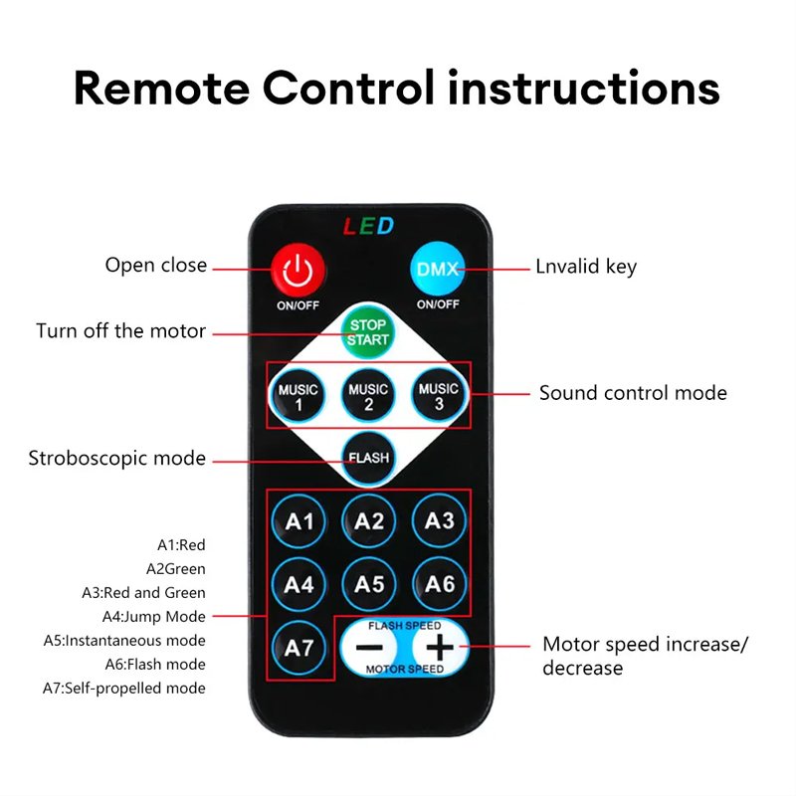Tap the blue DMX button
pyautogui.click(x=437, y=269)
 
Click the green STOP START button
pyautogui.click(x=367, y=332)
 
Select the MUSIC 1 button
pyautogui.click(x=298, y=395)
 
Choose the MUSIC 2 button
pyautogui.click(x=368, y=395)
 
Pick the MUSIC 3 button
pyautogui.click(x=439, y=395)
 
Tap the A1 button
pyautogui.click(x=298, y=521)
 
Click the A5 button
pyautogui.click(x=368, y=584)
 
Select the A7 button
pyautogui.click(x=298, y=648)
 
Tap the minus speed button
pyautogui.click(x=369, y=648)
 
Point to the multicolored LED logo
pyautogui.click(x=368, y=226)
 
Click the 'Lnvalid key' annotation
pyautogui.click(x=586, y=267)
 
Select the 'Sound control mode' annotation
pyautogui.click(x=633, y=393)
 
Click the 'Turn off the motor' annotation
pyautogui.click(x=120, y=331)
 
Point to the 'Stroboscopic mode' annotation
pyautogui.click(x=117, y=459)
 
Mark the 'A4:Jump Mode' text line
pyautogui.click(x=154, y=616)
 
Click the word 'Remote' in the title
pyautogui.click(x=161, y=89)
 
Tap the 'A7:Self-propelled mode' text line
pyautogui.click(x=124, y=689)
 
